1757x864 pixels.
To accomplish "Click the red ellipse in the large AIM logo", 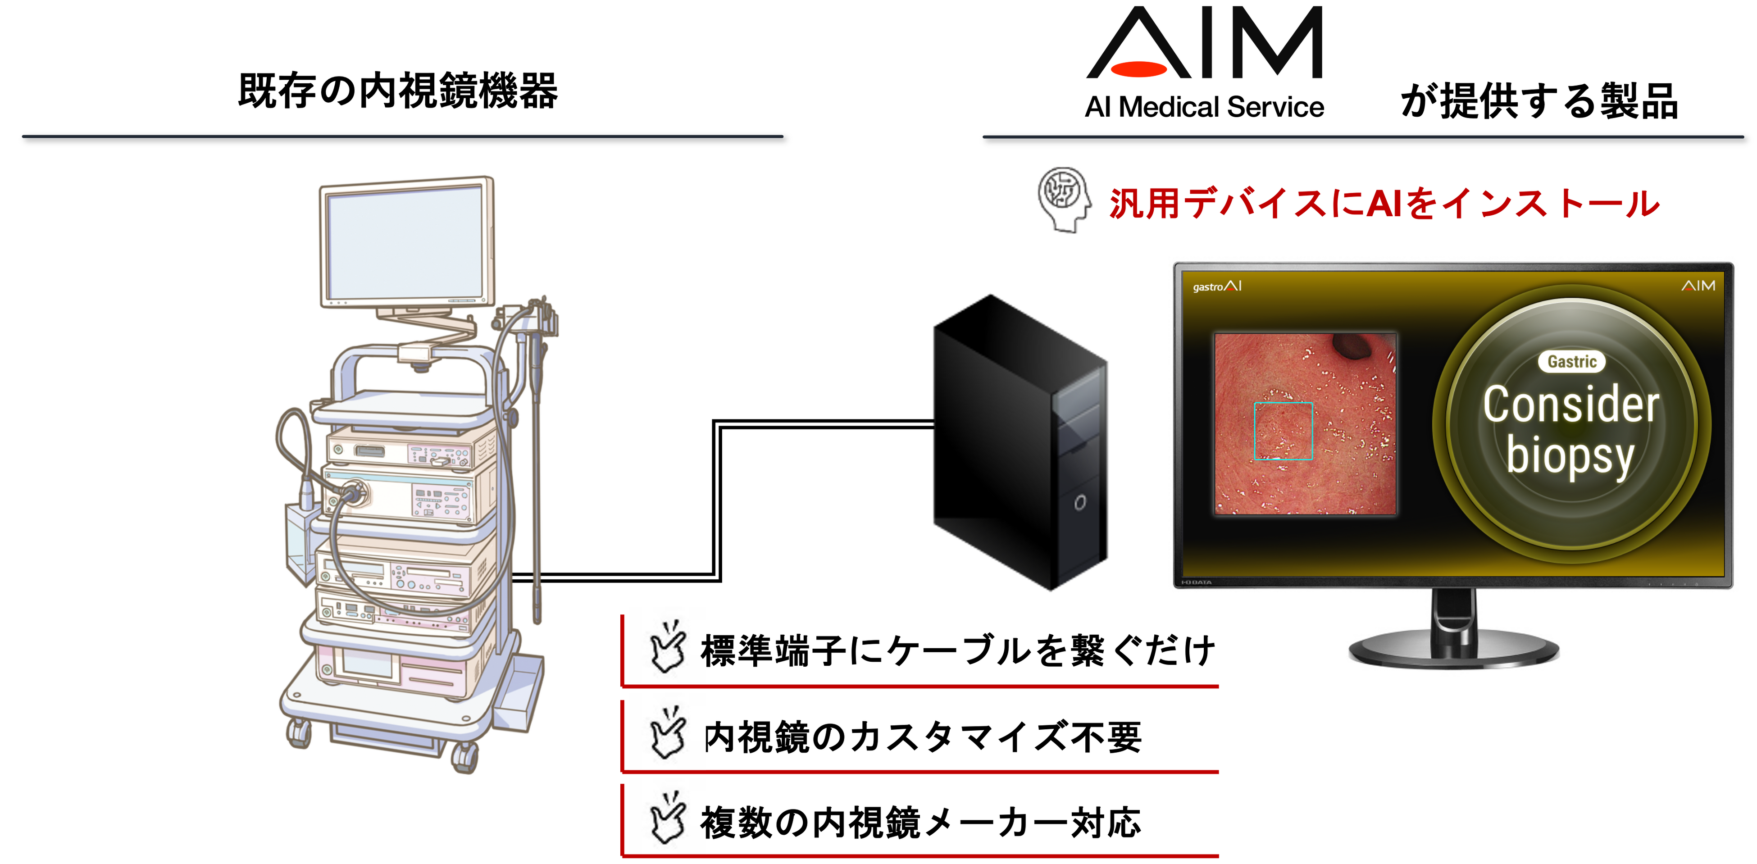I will tap(1138, 69).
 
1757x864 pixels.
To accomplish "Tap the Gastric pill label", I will tap(1571, 361).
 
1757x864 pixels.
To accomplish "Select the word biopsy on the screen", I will tap(1570, 456).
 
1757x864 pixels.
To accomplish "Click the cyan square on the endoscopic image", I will tap(1283, 431).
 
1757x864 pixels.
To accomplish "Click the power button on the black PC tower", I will tap(1080, 503).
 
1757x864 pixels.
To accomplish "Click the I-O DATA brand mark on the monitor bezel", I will tap(1197, 582).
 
